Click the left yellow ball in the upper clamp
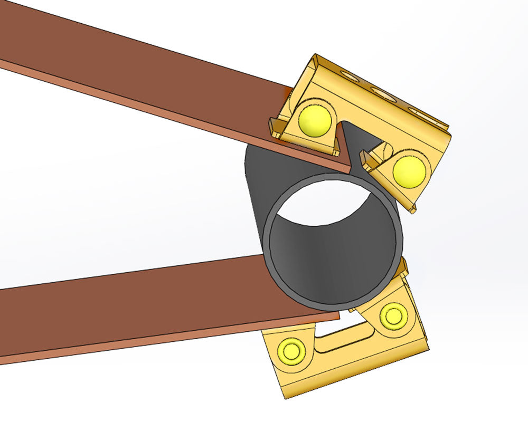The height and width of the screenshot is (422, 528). point(315,120)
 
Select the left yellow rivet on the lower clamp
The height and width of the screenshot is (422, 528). point(290,350)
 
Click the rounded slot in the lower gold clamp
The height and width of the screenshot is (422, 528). point(343,338)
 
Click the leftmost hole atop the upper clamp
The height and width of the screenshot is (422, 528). point(346,73)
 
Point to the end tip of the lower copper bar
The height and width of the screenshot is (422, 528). point(340,316)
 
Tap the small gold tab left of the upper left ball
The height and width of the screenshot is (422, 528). point(275,127)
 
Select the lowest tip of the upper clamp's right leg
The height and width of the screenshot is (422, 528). point(412,210)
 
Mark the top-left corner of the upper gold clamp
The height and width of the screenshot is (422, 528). point(315,55)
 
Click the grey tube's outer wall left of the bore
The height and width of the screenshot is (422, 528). point(256,211)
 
